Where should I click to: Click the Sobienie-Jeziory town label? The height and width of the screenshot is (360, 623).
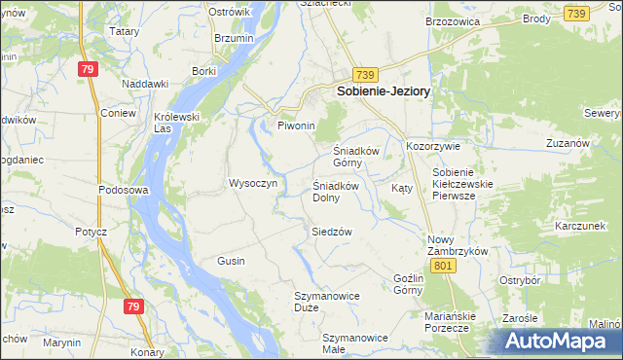pos(384,90)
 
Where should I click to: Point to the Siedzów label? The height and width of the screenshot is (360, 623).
pos(331,232)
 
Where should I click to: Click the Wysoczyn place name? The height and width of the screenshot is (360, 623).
pos(253,183)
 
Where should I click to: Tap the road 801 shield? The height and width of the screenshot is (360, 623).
pos(443,266)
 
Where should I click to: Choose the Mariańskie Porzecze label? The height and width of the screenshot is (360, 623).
pos(448,322)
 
